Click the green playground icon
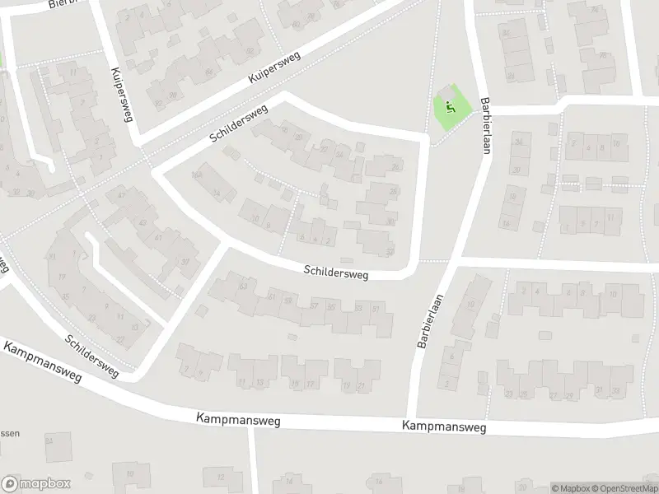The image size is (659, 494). [x=449, y=107]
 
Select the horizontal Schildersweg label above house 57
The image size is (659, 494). [x=335, y=270]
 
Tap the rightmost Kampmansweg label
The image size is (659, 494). [x=444, y=426]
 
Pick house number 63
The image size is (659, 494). [x=242, y=287]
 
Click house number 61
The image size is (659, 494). [x=272, y=296]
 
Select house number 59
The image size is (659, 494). [x=287, y=301]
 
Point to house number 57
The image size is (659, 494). [x=314, y=305]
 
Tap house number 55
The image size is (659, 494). [x=332, y=306]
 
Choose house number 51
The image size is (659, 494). [x=376, y=308]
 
